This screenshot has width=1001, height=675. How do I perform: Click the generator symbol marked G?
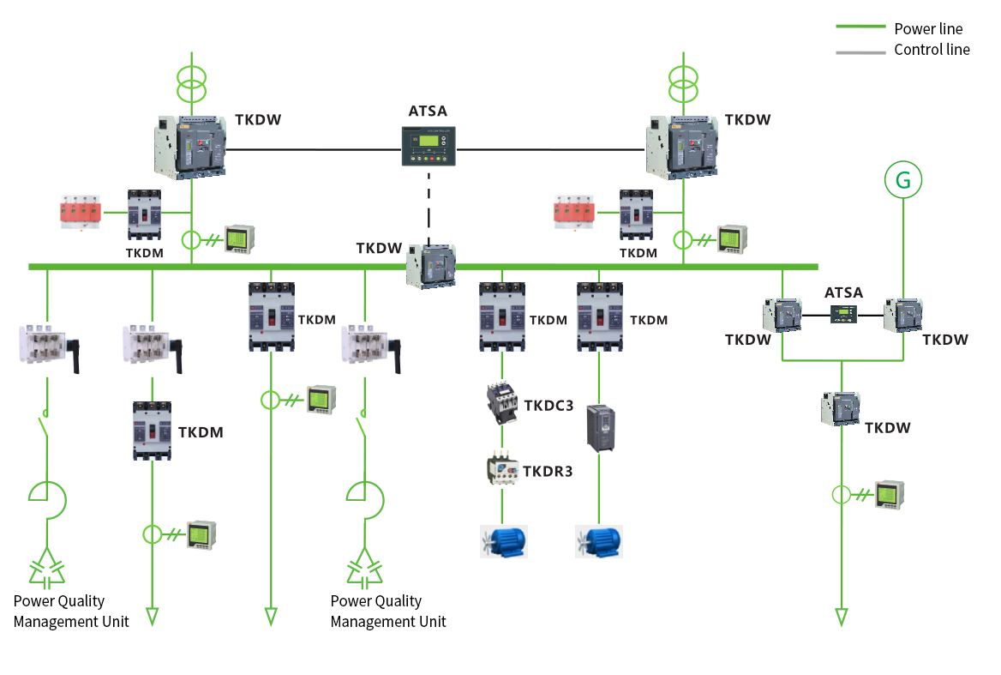coord(903,180)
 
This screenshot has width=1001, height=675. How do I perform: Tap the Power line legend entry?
coord(899,29)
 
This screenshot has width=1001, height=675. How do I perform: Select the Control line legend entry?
coord(902,50)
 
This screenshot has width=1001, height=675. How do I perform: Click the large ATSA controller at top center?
coord(429,147)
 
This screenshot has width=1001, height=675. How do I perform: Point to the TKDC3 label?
coord(548,406)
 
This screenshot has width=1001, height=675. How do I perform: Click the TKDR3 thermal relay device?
coord(502,469)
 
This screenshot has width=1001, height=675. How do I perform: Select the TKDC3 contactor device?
coord(501,403)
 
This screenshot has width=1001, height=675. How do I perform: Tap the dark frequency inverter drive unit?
coord(600,428)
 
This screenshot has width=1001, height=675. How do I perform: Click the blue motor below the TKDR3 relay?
coord(504,541)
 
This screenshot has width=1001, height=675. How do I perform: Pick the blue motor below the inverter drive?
coord(599,541)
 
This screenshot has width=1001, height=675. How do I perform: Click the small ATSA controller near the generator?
coord(843,314)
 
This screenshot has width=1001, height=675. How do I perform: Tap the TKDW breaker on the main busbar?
coord(432,266)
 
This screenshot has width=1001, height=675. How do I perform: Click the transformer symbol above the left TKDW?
coord(191,84)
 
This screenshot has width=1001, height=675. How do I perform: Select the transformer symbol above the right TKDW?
coord(683,84)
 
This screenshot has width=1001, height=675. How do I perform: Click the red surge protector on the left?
coord(81,211)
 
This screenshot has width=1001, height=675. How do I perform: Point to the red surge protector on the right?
coord(574,211)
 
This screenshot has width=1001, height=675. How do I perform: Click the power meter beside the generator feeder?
coord(890,495)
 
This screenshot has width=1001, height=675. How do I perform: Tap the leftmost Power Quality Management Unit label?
coord(71,612)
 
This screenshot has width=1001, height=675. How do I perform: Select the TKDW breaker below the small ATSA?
coord(841,409)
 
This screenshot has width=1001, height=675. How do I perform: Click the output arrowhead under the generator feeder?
coord(842,618)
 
